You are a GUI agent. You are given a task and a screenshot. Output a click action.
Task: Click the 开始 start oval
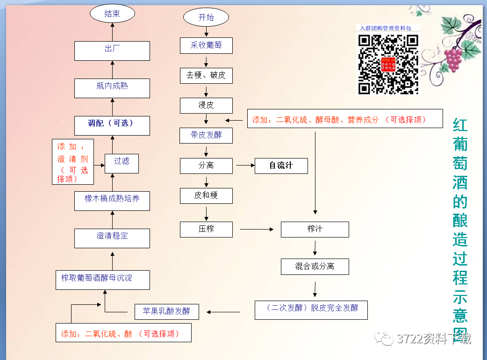tap(206, 18)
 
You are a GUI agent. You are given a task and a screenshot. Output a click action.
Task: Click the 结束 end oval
tap(112, 14)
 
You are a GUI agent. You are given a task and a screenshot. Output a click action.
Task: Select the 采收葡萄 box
tap(206, 45)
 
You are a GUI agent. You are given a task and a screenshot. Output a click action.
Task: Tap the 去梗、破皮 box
tap(206, 75)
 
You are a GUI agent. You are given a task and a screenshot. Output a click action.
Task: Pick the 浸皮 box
tap(206, 105)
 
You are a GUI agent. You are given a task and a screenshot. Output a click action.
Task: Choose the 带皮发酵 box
tap(206, 136)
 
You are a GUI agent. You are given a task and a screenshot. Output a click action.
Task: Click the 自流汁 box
tap(281, 166)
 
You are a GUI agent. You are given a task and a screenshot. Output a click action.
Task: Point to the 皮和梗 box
tap(206, 195)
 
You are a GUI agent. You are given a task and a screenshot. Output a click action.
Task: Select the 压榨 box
tap(206, 229)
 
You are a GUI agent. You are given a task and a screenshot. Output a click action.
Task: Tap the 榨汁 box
tap(315, 229)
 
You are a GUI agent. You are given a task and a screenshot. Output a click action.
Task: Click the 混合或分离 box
tap(315, 266)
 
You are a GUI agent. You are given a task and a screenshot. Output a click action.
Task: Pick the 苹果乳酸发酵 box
tap(167, 311)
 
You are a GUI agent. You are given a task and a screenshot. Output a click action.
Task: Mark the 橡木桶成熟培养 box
tap(112, 199)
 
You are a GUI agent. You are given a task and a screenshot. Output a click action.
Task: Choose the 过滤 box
tap(122, 161)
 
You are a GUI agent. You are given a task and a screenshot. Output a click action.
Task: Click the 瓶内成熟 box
tap(112, 86)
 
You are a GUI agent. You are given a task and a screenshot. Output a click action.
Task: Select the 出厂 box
tap(112, 49)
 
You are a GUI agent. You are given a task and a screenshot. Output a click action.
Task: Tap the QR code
tap(388, 64)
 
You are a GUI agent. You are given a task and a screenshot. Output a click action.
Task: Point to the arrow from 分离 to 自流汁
tap(245, 166)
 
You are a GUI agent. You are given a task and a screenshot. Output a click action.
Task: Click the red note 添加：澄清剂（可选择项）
tap(73, 162)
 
